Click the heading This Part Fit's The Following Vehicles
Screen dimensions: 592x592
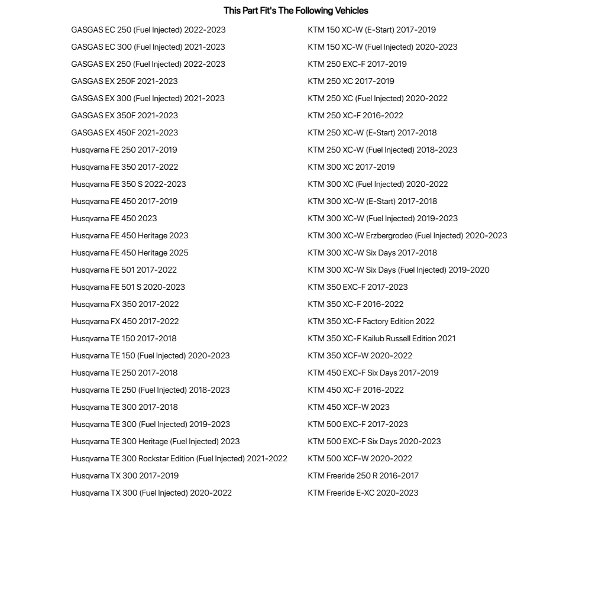tap(296, 11)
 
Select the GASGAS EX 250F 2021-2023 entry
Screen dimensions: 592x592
tap(124, 81)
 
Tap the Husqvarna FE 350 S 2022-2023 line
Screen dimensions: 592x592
tap(128, 184)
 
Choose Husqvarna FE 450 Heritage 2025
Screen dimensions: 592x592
tap(130, 253)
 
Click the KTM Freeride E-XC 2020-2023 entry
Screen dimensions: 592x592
tap(363, 493)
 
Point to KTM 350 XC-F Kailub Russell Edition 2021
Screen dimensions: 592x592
tap(381, 338)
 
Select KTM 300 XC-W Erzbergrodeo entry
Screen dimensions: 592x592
tap(407, 235)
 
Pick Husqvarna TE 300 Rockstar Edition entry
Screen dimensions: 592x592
tap(179, 458)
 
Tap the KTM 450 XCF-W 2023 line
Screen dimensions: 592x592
tap(348, 407)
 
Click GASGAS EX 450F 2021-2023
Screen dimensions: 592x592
tap(124, 132)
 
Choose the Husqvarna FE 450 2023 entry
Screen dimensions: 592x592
tap(114, 218)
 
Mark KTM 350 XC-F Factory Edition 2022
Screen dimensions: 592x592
tap(371, 321)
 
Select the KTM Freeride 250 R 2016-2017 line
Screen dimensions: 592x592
tap(363, 475)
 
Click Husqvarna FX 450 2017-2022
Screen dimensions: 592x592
tap(125, 321)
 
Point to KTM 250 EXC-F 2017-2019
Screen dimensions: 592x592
tap(357, 64)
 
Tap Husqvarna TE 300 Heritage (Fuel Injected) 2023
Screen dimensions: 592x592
tap(155, 441)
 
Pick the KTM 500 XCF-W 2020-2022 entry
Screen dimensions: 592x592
tap(360, 458)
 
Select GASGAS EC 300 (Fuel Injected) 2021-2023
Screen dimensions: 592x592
tap(148, 47)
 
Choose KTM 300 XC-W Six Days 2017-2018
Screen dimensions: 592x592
tap(372, 253)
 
